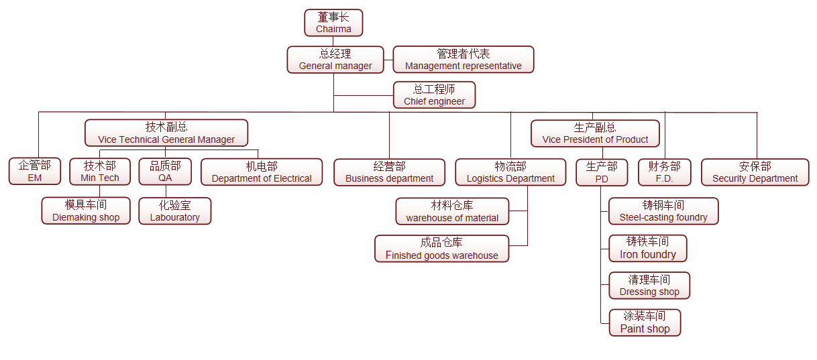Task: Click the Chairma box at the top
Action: [x=333, y=23]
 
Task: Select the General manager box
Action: [x=335, y=60]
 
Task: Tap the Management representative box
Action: [x=464, y=60]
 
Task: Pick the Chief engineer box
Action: [x=435, y=95]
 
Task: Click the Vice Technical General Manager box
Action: [x=166, y=133]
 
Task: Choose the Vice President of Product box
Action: [x=595, y=133]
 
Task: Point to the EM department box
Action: [x=34, y=172]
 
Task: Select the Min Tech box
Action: [x=100, y=172]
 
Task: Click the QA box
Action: [x=165, y=172]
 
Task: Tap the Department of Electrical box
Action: [x=262, y=172]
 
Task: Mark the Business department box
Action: [x=390, y=172]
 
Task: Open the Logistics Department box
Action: [x=510, y=172]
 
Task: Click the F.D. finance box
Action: [x=664, y=172]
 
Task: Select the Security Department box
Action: [x=755, y=172]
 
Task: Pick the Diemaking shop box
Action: [x=86, y=211]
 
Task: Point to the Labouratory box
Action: [x=175, y=211]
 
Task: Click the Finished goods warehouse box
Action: [x=442, y=249]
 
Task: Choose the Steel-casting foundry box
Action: [x=663, y=211]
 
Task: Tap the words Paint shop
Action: [x=645, y=329]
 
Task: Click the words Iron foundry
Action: [x=648, y=255]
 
